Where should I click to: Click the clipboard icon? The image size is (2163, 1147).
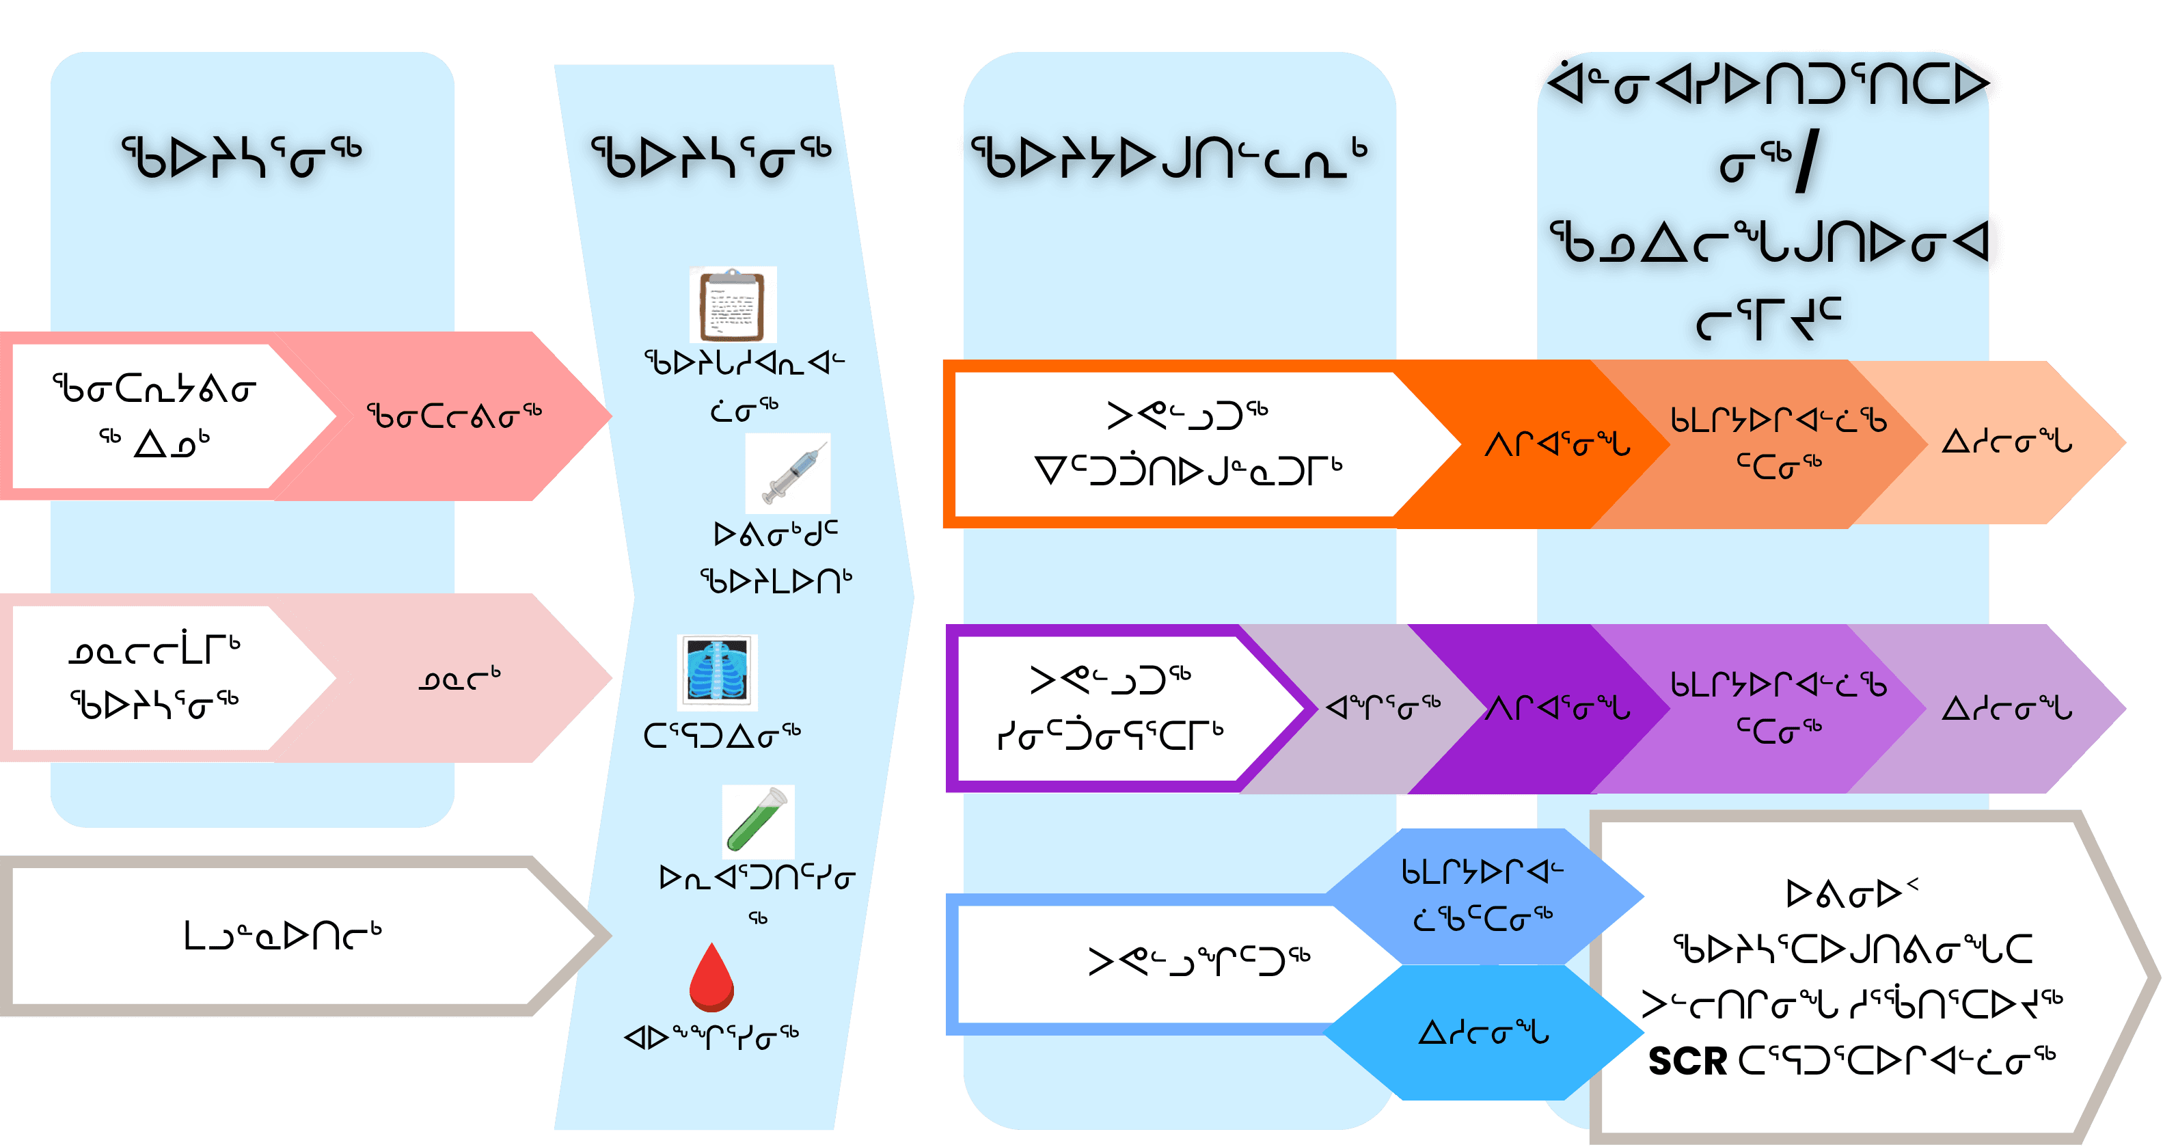[732, 304]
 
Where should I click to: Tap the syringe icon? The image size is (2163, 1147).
[787, 474]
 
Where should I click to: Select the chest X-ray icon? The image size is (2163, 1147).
[717, 672]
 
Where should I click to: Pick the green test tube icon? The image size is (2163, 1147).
[757, 821]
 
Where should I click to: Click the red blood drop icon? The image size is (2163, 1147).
[711, 977]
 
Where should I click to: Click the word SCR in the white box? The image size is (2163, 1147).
[1687, 1062]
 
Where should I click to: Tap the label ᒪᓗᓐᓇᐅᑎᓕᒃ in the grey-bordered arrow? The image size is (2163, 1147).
[282, 935]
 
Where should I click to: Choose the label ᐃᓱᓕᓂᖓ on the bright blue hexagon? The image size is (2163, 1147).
[1483, 1032]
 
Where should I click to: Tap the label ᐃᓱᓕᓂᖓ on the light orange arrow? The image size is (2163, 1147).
[2006, 442]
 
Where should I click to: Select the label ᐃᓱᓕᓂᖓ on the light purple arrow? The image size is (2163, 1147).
[2006, 709]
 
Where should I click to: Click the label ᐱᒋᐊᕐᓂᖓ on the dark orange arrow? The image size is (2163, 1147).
[1557, 444]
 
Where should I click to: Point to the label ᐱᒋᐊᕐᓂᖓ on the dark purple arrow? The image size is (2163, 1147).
[1557, 709]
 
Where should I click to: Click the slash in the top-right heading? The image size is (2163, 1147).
[1807, 164]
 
